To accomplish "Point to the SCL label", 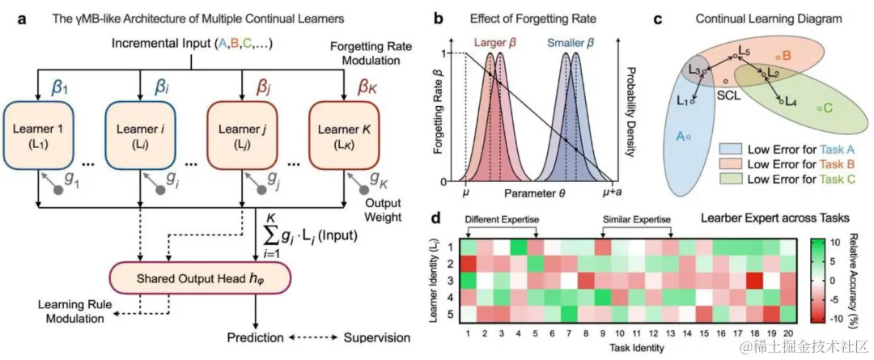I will (x=727, y=95).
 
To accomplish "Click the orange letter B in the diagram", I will (x=786, y=55).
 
